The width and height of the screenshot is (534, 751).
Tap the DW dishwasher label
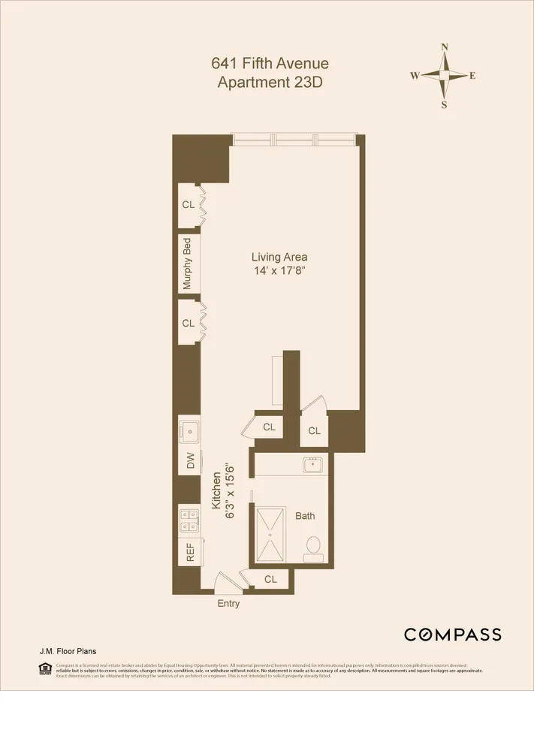click(190, 460)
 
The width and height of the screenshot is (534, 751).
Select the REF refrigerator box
click(190, 552)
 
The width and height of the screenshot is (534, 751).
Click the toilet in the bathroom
click(313, 547)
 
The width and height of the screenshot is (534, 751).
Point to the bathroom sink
click(312, 465)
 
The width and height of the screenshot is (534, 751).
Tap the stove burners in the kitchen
click(189, 517)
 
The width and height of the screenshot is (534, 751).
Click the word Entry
click(229, 603)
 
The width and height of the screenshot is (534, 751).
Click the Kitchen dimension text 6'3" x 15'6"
click(231, 490)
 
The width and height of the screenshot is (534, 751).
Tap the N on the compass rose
click(445, 47)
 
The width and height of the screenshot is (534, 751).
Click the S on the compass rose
click(445, 105)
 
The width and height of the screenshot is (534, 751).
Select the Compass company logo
click(452, 635)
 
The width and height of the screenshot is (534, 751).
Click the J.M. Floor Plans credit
click(67, 652)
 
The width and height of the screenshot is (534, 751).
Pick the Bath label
click(305, 516)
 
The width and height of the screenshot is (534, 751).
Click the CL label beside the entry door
click(271, 580)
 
